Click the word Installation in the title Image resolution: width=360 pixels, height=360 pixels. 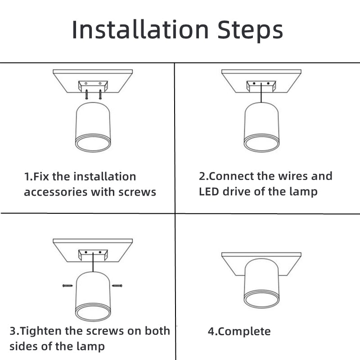[x=140, y=30]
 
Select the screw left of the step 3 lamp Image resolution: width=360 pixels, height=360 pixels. [x=67, y=285]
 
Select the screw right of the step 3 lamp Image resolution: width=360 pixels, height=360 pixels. [x=117, y=285]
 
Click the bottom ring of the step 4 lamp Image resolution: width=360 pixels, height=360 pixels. [x=261, y=300]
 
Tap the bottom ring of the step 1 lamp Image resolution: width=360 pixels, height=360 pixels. [x=92, y=144]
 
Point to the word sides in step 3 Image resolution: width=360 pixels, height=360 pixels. [x=22, y=346]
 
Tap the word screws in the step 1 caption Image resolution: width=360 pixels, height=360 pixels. [x=137, y=192]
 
